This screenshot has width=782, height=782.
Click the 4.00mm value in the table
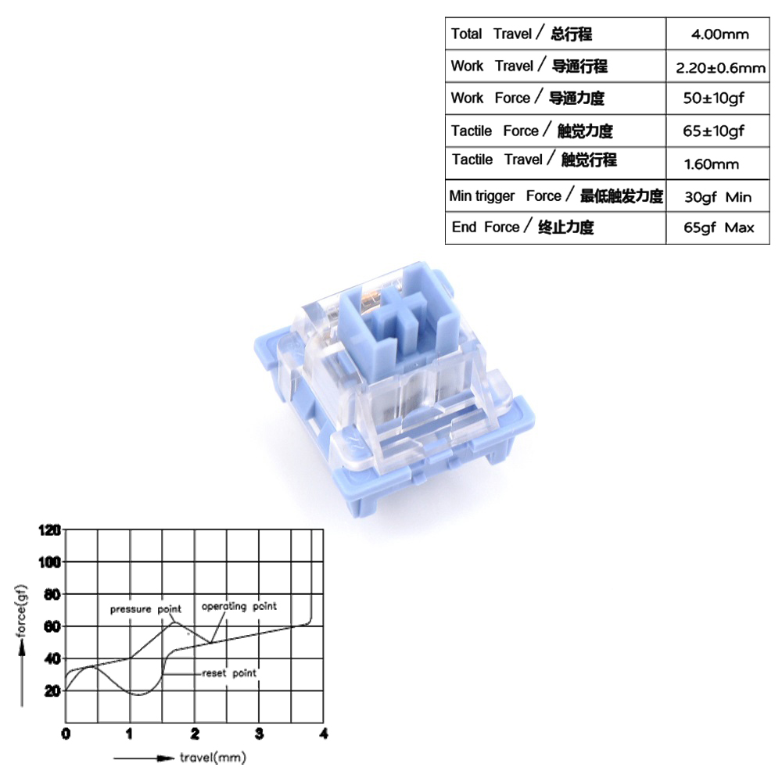pos(719,34)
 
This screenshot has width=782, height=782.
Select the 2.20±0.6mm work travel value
pos(720,67)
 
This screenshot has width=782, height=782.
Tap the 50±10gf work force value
pos(713,99)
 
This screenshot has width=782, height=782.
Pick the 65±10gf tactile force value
pos(713,131)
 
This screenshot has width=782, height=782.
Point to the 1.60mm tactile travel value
pos(711,164)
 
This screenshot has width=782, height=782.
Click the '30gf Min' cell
pos(718,197)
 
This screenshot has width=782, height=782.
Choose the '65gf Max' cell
pos(719,228)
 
